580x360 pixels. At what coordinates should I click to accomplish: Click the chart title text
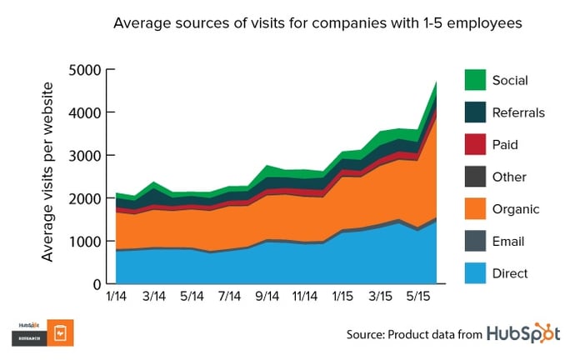[317, 24]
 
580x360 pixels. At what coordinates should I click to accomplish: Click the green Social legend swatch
[476, 80]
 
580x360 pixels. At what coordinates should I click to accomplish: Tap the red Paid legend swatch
[476, 144]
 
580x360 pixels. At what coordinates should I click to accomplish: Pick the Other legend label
[510, 177]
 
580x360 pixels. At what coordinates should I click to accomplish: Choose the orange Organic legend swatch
[476, 208]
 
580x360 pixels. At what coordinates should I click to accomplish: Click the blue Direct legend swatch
[476, 272]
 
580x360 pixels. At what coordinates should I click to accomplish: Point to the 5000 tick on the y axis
[85, 69]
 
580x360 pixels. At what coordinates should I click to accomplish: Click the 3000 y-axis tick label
[85, 156]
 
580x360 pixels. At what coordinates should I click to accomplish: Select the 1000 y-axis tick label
[85, 242]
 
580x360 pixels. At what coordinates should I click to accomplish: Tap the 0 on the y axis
[96, 284]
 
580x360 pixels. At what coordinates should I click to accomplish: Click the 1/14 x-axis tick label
[117, 297]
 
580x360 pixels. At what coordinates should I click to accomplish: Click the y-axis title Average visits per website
[48, 172]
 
